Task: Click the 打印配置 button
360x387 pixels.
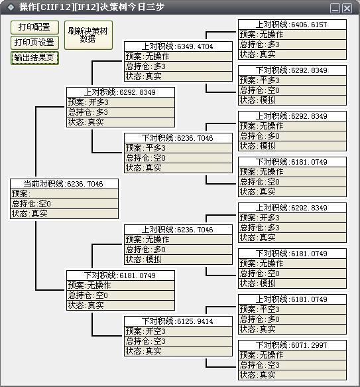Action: click(x=34, y=27)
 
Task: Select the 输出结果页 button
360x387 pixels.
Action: click(x=34, y=58)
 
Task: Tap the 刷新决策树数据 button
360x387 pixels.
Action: click(x=88, y=35)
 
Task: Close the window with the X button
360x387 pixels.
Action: click(x=347, y=8)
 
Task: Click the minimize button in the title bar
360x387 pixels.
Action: click(x=335, y=8)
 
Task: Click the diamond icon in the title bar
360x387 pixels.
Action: click(x=11, y=7)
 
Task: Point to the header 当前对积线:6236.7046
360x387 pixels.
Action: click(x=64, y=184)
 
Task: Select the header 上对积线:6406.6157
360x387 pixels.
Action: click(x=292, y=25)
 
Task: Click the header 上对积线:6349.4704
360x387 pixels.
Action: click(x=178, y=46)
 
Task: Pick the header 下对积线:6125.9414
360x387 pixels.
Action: click(x=178, y=321)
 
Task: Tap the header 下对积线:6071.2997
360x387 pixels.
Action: click(x=292, y=345)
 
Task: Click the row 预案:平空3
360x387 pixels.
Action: click(x=292, y=309)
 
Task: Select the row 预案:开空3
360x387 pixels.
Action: click(x=178, y=331)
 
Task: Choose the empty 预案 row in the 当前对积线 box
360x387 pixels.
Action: click(x=64, y=194)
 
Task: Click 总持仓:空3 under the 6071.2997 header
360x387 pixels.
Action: click(x=292, y=365)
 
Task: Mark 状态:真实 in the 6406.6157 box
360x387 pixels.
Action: click(x=292, y=54)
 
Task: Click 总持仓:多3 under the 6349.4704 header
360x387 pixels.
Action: click(x=178, y=66)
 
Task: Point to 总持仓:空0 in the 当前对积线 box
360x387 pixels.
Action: click(x=64, y=204)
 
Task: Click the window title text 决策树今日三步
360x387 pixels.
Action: click(x=132, y=7)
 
